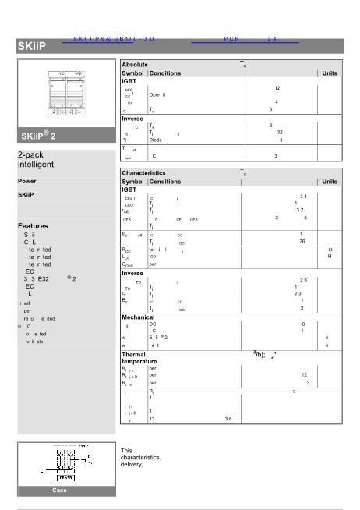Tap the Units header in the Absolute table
330,73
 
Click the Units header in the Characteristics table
330,181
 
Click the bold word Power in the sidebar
27,181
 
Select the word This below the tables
128,450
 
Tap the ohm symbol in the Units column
330,250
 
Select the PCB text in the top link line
231,37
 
